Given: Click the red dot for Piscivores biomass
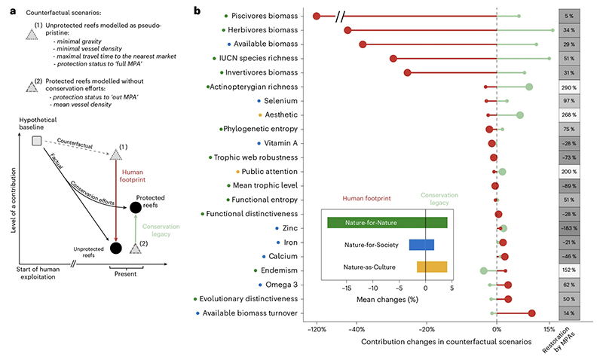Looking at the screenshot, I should pyautogui.click(x=317, y=16).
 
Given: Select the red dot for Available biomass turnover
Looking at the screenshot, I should pyautogui.click(x=532, y=313).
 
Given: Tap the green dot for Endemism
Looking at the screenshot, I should pyautogui.click(x=484, y=270).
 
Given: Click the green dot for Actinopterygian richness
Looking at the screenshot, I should pyautogui.click(x=529, y=87).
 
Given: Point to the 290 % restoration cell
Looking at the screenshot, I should pyautogui.click(x=570, y=87).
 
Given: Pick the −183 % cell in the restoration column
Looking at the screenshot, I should pyautogui.click(x=570, y=228).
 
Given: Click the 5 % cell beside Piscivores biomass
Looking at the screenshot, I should pyautogui.click(x=570, y=16).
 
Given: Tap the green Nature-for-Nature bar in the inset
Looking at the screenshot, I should pyautogui.click(x=387, y=222).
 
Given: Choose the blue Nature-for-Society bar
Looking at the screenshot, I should pyautogui.click(x=421, y=244).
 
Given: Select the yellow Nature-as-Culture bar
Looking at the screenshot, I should pyautogui.click(x=432, y=267).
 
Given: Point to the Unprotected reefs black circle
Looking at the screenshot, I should pyautogui.click(x=116, y=248).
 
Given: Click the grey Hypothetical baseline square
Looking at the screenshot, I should pyautogui.click(x=37, y=141).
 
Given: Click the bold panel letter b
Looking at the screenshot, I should pyautogui.click(x=197, y=10).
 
